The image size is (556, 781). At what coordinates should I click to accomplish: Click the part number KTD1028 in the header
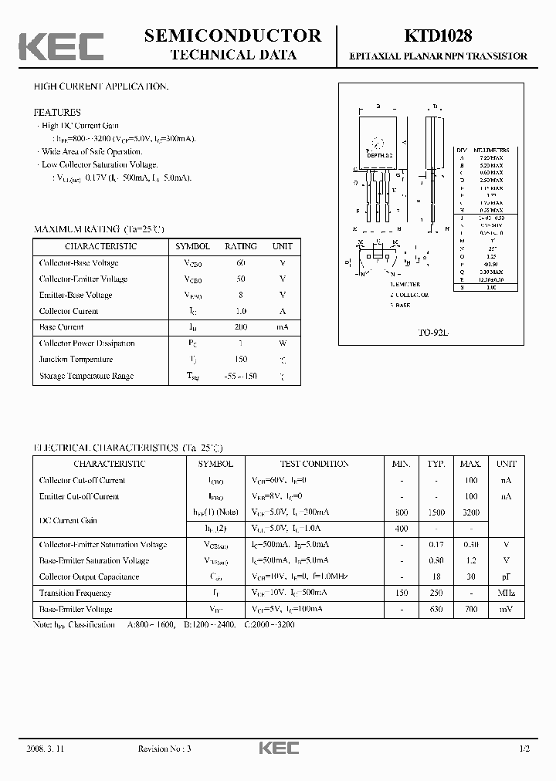[x=438, y=35]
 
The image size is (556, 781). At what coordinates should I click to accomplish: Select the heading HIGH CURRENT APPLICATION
[x=100, y=86]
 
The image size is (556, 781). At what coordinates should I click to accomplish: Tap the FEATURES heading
[x=57, y=112]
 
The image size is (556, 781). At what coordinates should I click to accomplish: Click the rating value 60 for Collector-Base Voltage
[x=241, y=263]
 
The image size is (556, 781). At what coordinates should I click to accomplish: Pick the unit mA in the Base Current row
[x=283, y=327]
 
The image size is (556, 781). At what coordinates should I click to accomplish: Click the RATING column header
[x=241, y=246]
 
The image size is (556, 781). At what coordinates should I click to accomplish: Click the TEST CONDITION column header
[x=314, y=464]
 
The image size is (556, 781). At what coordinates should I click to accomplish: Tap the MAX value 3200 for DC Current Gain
[x=471, y=512]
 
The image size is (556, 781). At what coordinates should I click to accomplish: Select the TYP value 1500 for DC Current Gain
[x=436, y=512]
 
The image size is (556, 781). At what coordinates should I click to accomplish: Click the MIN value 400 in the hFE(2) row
[x=401, y=529]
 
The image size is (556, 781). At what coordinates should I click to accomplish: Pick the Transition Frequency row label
[x=76, y=593]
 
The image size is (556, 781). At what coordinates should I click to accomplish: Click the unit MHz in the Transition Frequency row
[x=507, y=593]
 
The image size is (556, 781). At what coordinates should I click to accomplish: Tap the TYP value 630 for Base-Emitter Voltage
[x=436, y=609]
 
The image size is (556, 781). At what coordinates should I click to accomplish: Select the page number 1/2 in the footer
[x=525, y=749]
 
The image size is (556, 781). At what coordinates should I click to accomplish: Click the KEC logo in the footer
[x=277, y=749]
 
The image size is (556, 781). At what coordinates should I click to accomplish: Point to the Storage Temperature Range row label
[x=86, y=376]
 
